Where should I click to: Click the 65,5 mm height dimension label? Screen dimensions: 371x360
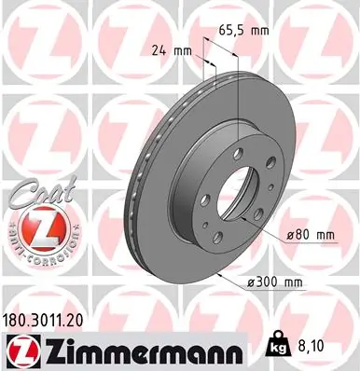[x=245, y=31]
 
